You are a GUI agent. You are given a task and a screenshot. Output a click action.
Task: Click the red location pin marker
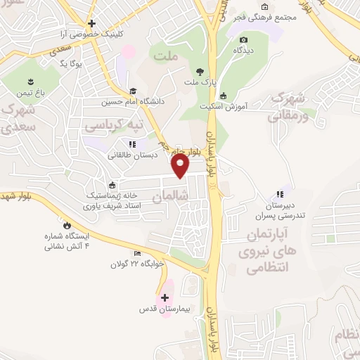click(181, 165)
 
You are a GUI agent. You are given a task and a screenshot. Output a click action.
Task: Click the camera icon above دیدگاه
click(244, 40)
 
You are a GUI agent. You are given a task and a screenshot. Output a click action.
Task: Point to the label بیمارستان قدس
click(165, 309)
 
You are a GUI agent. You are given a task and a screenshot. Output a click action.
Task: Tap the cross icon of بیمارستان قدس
click(165, 297)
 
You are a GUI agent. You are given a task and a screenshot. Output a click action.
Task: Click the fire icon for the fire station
click(67, 225)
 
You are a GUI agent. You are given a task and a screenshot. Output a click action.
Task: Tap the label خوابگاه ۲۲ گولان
click(136, 264)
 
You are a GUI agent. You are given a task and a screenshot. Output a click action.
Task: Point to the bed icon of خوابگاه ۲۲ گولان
click(137, 253)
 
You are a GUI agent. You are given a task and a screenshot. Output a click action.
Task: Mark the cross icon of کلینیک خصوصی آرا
click(91, 23)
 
